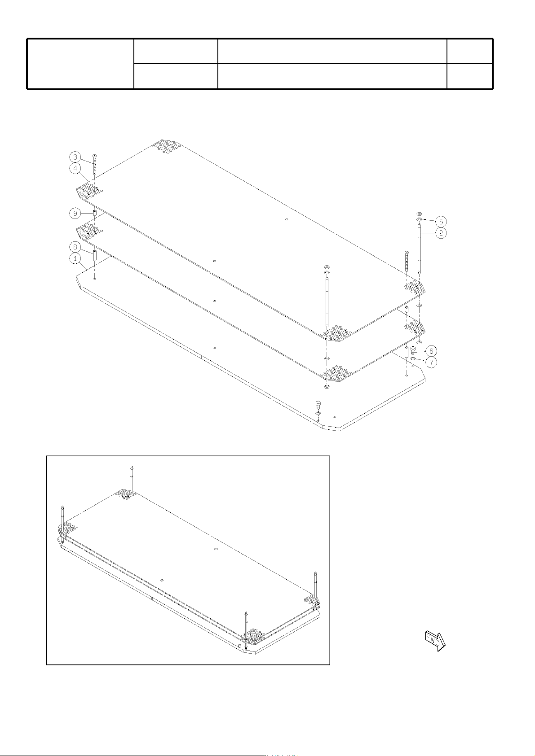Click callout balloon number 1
pyautogui.click(x=75, y=258)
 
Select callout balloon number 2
pyautogui.click(x=441, y=233)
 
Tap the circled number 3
pyautogui.click(x=75, y=157)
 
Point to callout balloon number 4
pyautogui.click(x=75, y=168)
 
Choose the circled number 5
pyautogui.click(x=441, y=221)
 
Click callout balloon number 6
pyautogui.click(x=431, y=351)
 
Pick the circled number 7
pyautogui.click(x=431, y=363)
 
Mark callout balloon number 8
pyautogui.click(x=75, y=247)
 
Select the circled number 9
pyautogui.click(x=75, y=213)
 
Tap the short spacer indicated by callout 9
pyautogui.click(x=95, y=213)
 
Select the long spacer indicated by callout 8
pyautogui.click(x=95, y=255)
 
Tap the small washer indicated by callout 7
pyautogui.click(x=413, y=358)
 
